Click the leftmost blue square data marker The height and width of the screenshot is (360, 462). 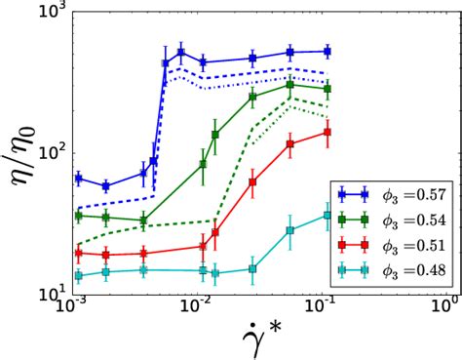click(78, 179)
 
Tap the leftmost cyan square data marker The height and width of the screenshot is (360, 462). click(78, 276)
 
